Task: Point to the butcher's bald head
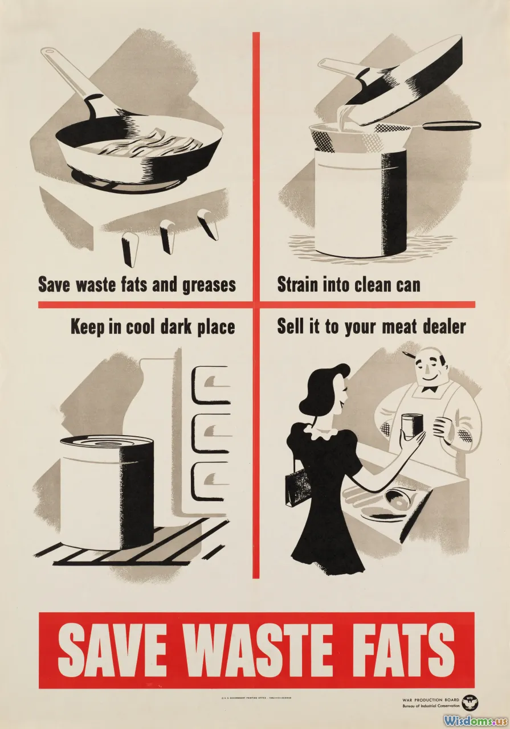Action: (x=426, y=359)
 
